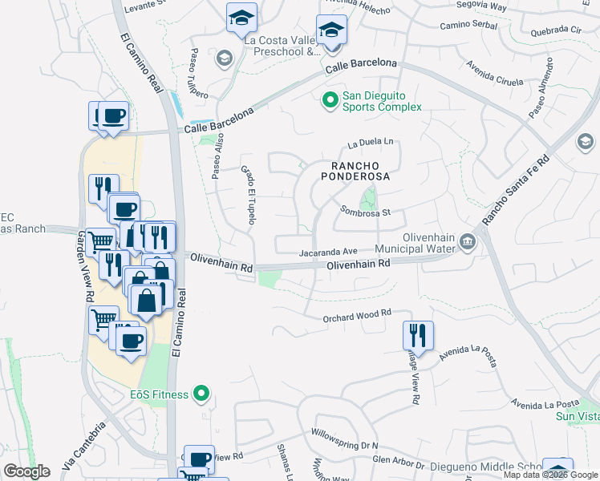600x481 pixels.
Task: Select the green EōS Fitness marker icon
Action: click(201, 394)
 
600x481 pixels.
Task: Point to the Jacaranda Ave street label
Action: click(328, 252)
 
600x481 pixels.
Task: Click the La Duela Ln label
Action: click(371, 144)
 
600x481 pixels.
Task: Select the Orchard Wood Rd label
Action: click(356, 316)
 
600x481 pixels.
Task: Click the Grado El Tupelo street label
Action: click(247, 195)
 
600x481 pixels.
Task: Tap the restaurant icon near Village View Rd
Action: click(418, 335)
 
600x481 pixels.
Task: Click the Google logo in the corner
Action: click(27, 471)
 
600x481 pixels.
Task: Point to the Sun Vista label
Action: click(578, 417)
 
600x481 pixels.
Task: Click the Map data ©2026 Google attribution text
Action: click(551, 475)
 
